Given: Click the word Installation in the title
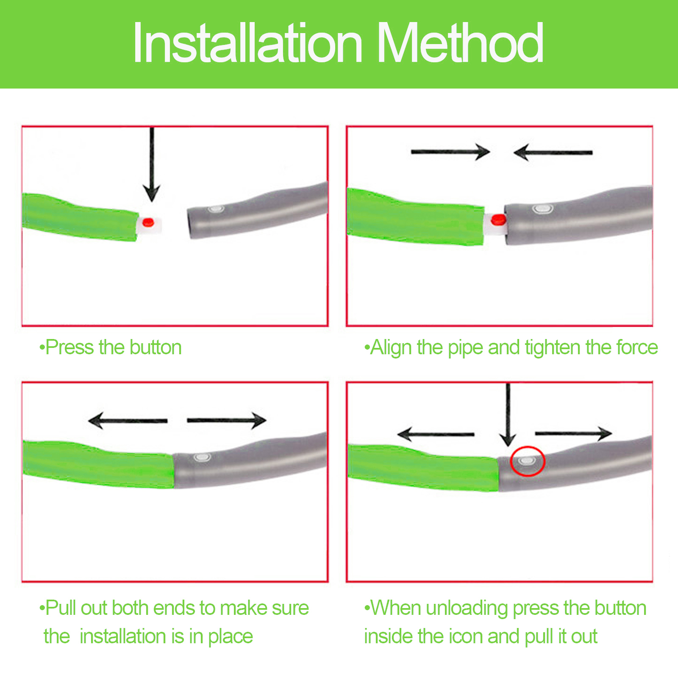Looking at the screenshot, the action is point(248,43).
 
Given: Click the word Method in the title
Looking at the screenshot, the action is point(460,43).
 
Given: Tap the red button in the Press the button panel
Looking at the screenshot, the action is point(148,222).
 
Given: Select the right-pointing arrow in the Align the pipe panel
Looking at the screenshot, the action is point(450,152).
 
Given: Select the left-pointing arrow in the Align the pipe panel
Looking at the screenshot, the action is point(553,152).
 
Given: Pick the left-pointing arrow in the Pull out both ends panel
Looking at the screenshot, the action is point(128,420).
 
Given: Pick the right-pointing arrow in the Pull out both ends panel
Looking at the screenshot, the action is point(227,420).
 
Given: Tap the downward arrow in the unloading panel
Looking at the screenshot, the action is point(508,415).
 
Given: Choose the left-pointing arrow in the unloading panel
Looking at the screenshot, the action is point(436,434).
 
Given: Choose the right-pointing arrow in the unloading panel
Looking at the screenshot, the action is point(574,433).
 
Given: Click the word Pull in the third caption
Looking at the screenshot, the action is point(61,608).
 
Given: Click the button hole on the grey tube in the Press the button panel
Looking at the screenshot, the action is point(215,209).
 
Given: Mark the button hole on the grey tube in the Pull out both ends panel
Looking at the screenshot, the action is point(202,458).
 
